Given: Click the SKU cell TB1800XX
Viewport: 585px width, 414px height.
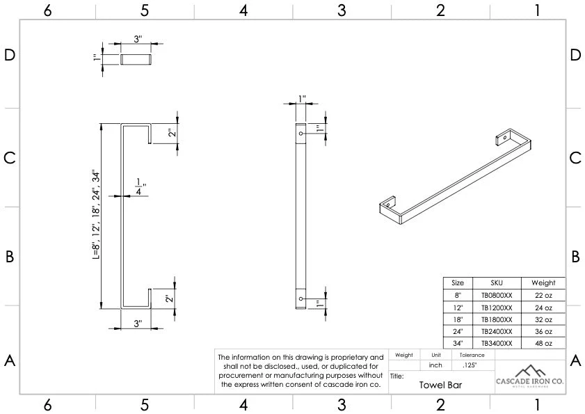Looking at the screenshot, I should click(x=496, y=319).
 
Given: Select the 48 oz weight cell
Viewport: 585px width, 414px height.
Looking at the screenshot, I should click(x=543, y=343).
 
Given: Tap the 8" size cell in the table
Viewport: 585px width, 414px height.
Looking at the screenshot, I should click(x=458, y=295).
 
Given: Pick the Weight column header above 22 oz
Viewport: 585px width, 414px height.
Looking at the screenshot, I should click(x=543, y=283).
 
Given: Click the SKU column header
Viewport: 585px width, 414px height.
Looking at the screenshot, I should click(x=496, y=283).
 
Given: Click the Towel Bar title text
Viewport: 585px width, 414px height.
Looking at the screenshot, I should click(x=440, y=384).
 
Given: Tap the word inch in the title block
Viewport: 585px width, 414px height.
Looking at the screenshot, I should click(x=435, y=365).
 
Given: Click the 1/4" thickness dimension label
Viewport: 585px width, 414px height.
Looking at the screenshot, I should click(x=140, y=186).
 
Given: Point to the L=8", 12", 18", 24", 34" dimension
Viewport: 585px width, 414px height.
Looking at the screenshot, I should click(x=95, y=215).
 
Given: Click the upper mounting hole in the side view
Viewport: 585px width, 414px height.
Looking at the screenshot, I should click(x=300, y=132).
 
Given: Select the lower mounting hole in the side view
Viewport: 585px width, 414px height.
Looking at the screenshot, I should click(x=300, y=298).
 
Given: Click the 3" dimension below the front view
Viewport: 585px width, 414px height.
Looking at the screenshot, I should click(x=137, y=324).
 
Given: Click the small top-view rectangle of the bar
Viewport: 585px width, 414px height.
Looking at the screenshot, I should click(x=137, y=59).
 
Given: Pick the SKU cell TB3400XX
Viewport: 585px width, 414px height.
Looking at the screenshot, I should click(x=496, y=343).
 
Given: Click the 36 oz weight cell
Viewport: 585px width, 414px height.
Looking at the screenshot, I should click(x=543, y=331).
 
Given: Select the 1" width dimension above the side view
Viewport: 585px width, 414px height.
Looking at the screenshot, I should click(x=301, y=99).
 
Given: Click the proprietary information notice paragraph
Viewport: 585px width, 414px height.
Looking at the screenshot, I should click(x=301, y=370).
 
